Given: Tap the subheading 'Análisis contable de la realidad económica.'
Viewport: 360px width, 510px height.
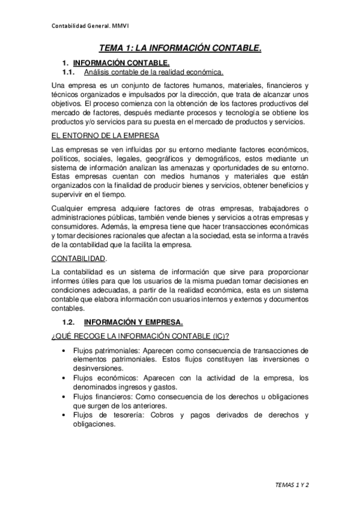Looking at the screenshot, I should pyautogui.click(x=154, y=72).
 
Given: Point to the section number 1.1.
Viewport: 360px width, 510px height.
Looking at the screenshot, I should pyautogui.click(x=69, y=72).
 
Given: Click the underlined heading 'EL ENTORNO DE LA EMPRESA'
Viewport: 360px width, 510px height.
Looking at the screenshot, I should pyautogui.click(x=97, y=136).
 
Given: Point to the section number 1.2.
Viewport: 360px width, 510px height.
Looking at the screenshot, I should pyautogui.click(x=69, y=322).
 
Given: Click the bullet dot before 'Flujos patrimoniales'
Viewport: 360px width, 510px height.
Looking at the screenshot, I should pyautogui.click(x=64, y=351).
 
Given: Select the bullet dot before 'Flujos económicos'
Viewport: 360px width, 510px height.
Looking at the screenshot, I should pyautogui.click(x=64, y=378).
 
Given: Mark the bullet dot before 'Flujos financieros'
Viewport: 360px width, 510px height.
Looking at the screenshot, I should pyautogui.click(x=64, y=397).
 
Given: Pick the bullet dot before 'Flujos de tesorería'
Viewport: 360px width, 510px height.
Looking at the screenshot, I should pyautogui.click(x=64, y=416).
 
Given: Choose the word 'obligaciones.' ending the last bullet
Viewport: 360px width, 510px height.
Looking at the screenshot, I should pyautogui.click(x=94, y=424).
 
